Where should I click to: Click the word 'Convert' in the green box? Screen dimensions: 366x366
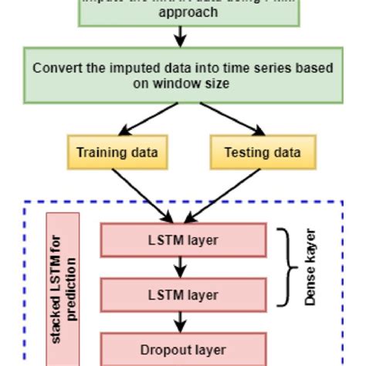(x=59, y=68)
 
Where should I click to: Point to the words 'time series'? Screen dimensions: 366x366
(x=252, y=68)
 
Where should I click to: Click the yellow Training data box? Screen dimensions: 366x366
(x=117, y=152)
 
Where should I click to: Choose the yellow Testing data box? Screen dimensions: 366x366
(x=262, y=152)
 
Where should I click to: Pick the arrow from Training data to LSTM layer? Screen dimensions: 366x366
(x=144, y=193)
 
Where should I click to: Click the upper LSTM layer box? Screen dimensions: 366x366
(x=183, y=240)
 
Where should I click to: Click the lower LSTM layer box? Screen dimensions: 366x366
(x=183, y=295)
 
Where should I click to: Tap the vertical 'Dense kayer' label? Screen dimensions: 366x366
(x=311, y=267)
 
